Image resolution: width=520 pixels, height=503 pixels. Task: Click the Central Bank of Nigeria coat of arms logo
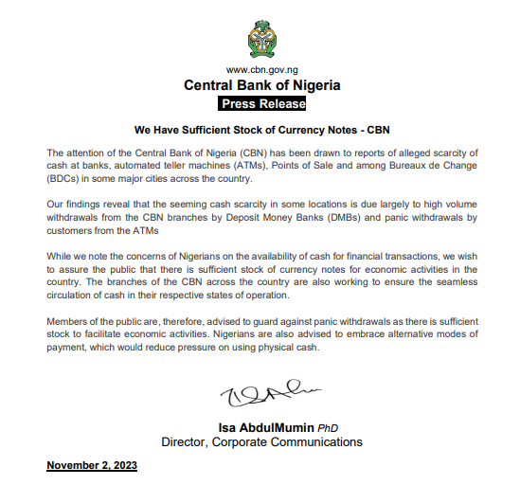pos(261,36)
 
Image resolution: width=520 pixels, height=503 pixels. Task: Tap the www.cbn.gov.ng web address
pos(262,70)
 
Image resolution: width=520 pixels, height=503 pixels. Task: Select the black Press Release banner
pos(262,103)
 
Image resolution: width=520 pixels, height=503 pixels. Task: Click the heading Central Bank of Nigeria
pos(262,85)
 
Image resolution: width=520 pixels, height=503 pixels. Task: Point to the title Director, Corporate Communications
pos(261,442)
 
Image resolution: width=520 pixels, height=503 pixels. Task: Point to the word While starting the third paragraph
pos(61,256)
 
